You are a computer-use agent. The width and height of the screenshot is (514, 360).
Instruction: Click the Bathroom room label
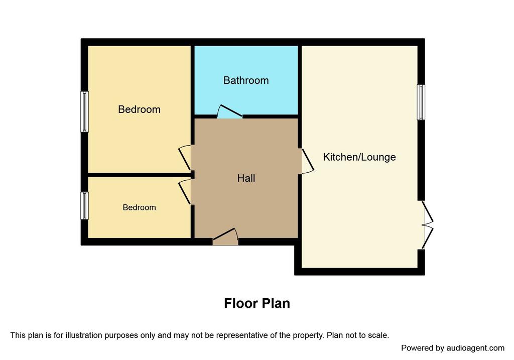[x=246, y=80]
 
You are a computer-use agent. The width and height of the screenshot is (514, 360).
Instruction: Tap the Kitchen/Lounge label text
[x=359, y=157]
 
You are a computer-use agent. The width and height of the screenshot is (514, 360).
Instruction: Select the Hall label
[x=246, y=178]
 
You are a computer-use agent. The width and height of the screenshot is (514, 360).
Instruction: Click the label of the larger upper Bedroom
[x=140, y=109]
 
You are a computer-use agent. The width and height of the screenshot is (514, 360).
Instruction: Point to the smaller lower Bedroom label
[x=140, y=207]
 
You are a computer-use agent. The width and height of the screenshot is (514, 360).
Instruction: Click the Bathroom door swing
[x=229, y=111]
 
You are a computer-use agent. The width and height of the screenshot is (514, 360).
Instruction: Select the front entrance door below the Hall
[x=225, y=236]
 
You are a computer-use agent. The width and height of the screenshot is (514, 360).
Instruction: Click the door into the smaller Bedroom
[x=185, y=192]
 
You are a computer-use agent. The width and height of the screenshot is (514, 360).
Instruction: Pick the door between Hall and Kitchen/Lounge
[x=308, y=161]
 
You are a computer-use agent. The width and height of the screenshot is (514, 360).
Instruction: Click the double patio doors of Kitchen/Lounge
[x=428, y=225]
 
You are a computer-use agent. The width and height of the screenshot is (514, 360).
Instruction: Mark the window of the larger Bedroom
[x=84, y=112]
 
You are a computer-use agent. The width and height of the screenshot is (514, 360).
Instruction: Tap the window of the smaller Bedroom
[x=84, y=205]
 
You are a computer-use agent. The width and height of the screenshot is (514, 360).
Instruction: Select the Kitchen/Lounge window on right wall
[x=421, y=102]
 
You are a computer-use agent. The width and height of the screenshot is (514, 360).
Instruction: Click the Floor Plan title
[x=257, y=303]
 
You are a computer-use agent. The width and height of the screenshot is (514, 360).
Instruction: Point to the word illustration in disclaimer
[x=84, y=335]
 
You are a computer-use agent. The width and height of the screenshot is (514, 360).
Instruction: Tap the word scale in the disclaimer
[x=379, y=335]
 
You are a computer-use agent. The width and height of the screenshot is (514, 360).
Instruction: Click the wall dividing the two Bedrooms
[x=140, y=175]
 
